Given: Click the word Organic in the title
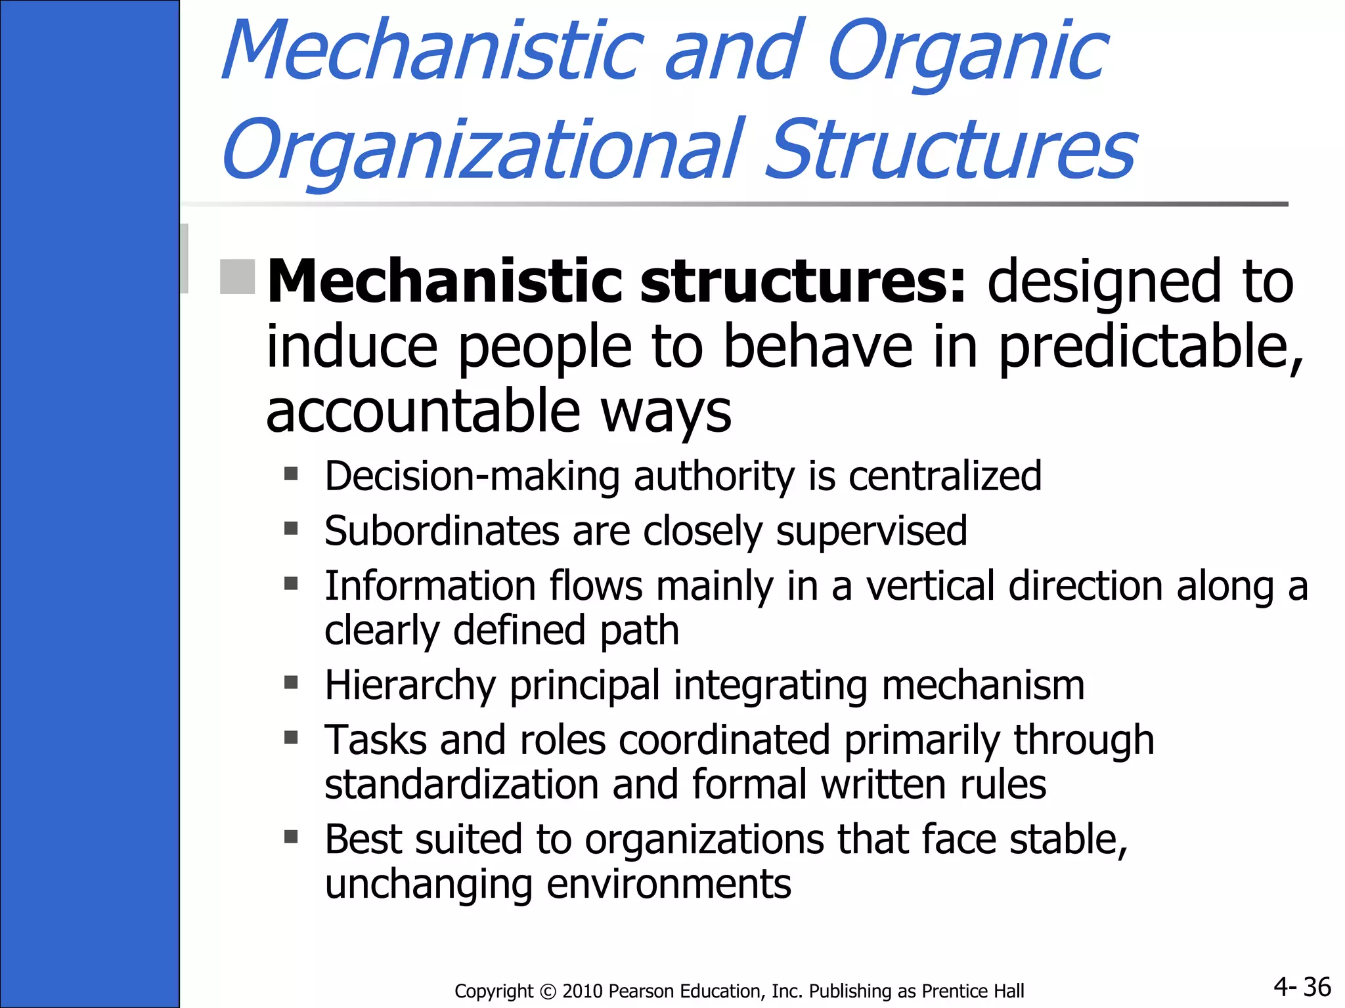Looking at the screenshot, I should (967, 52).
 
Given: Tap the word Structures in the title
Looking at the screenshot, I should (950, 151).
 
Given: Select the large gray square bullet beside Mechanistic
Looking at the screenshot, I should (237, 276).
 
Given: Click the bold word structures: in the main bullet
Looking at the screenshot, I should (803, 282).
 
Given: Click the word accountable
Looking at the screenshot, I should (423, 411).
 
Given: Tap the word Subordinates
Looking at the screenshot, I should (442, 531).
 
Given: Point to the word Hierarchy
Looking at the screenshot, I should (410, 686).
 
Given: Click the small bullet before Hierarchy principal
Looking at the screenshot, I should (291, 683).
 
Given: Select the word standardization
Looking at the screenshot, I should (462, 784).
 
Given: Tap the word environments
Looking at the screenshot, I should (669, 884).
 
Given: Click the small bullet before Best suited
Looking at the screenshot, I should (291, 837).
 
